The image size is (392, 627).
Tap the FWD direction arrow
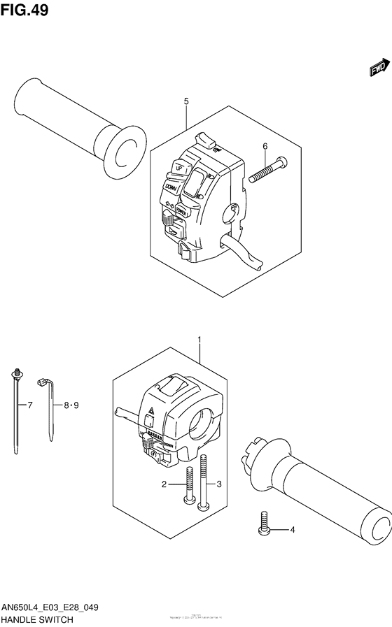click(379, 69)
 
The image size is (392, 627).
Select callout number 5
click(187, 102)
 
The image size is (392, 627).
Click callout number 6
click(265, 146)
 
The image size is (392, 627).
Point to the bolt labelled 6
click(267, 169)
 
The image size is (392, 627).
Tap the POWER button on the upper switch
click(181, 209)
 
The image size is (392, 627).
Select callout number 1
click(199, 341)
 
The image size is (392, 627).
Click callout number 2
click(164, 484)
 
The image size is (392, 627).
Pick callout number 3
click(219, 484)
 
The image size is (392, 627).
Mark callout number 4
click(293, 530)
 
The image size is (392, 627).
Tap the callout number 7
click(29, 405)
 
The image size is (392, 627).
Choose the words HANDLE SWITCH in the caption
click(36, 619)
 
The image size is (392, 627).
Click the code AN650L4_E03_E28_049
click(49, 608)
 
